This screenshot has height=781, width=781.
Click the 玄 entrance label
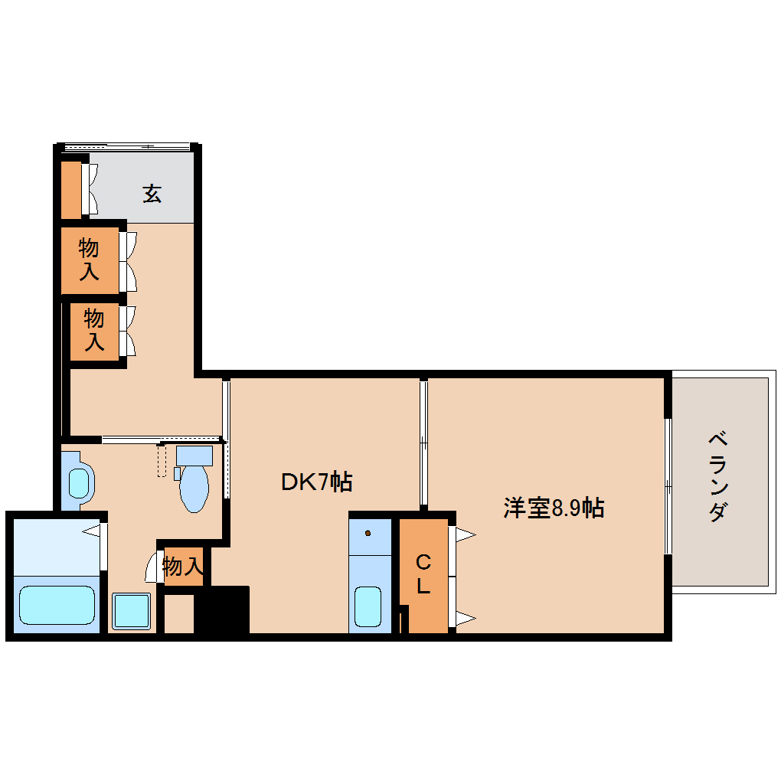pos(152,194)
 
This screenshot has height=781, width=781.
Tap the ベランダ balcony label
pos(717,476)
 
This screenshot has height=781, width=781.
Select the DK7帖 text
pos(316,482)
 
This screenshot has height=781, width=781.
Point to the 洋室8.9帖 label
pos(554,507)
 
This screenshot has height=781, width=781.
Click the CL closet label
pos(423,575)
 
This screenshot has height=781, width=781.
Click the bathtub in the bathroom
pos(57,604)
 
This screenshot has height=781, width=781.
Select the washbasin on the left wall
pos(78,483)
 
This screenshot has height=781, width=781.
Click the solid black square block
pos(222,609)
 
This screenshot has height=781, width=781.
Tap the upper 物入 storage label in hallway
pos(89,260)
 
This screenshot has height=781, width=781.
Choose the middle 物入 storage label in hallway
pos(93,329)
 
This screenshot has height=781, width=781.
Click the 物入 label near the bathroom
pos(183,567)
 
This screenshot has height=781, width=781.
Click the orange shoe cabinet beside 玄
pos(71,188)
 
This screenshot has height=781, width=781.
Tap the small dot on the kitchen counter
pos(368,533)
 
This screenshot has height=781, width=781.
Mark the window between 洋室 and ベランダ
pos(668,485)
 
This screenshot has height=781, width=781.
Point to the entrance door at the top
pos(126,145)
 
